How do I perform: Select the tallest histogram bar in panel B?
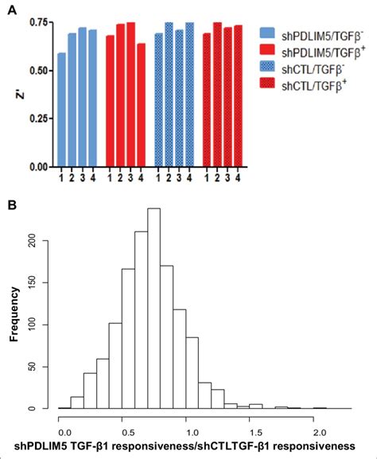(154, 309)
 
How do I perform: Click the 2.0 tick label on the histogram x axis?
(319, 423)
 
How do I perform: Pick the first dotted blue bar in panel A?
(158, 100)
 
